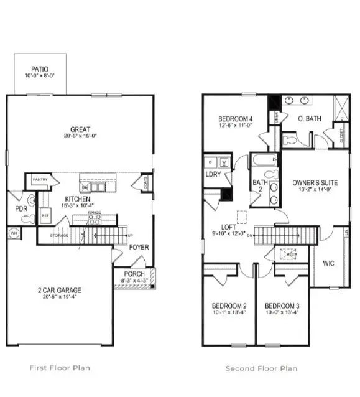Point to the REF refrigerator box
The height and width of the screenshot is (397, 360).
point(45,215)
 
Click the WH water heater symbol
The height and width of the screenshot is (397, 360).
point(14,233)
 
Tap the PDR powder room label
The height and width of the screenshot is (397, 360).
point(21,208)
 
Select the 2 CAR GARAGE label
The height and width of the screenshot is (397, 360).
point(59,290)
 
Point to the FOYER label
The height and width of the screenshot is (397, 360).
point(138,246)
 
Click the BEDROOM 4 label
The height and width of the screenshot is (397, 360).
point(235,119)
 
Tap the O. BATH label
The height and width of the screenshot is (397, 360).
point(308,119)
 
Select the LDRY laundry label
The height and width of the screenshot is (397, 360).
point(214,174)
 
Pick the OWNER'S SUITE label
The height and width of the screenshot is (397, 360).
point(315,183)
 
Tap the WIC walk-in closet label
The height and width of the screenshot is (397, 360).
point(328,263)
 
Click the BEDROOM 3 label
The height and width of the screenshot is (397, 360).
point(282,306)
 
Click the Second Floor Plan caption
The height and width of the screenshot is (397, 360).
point(261,368)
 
